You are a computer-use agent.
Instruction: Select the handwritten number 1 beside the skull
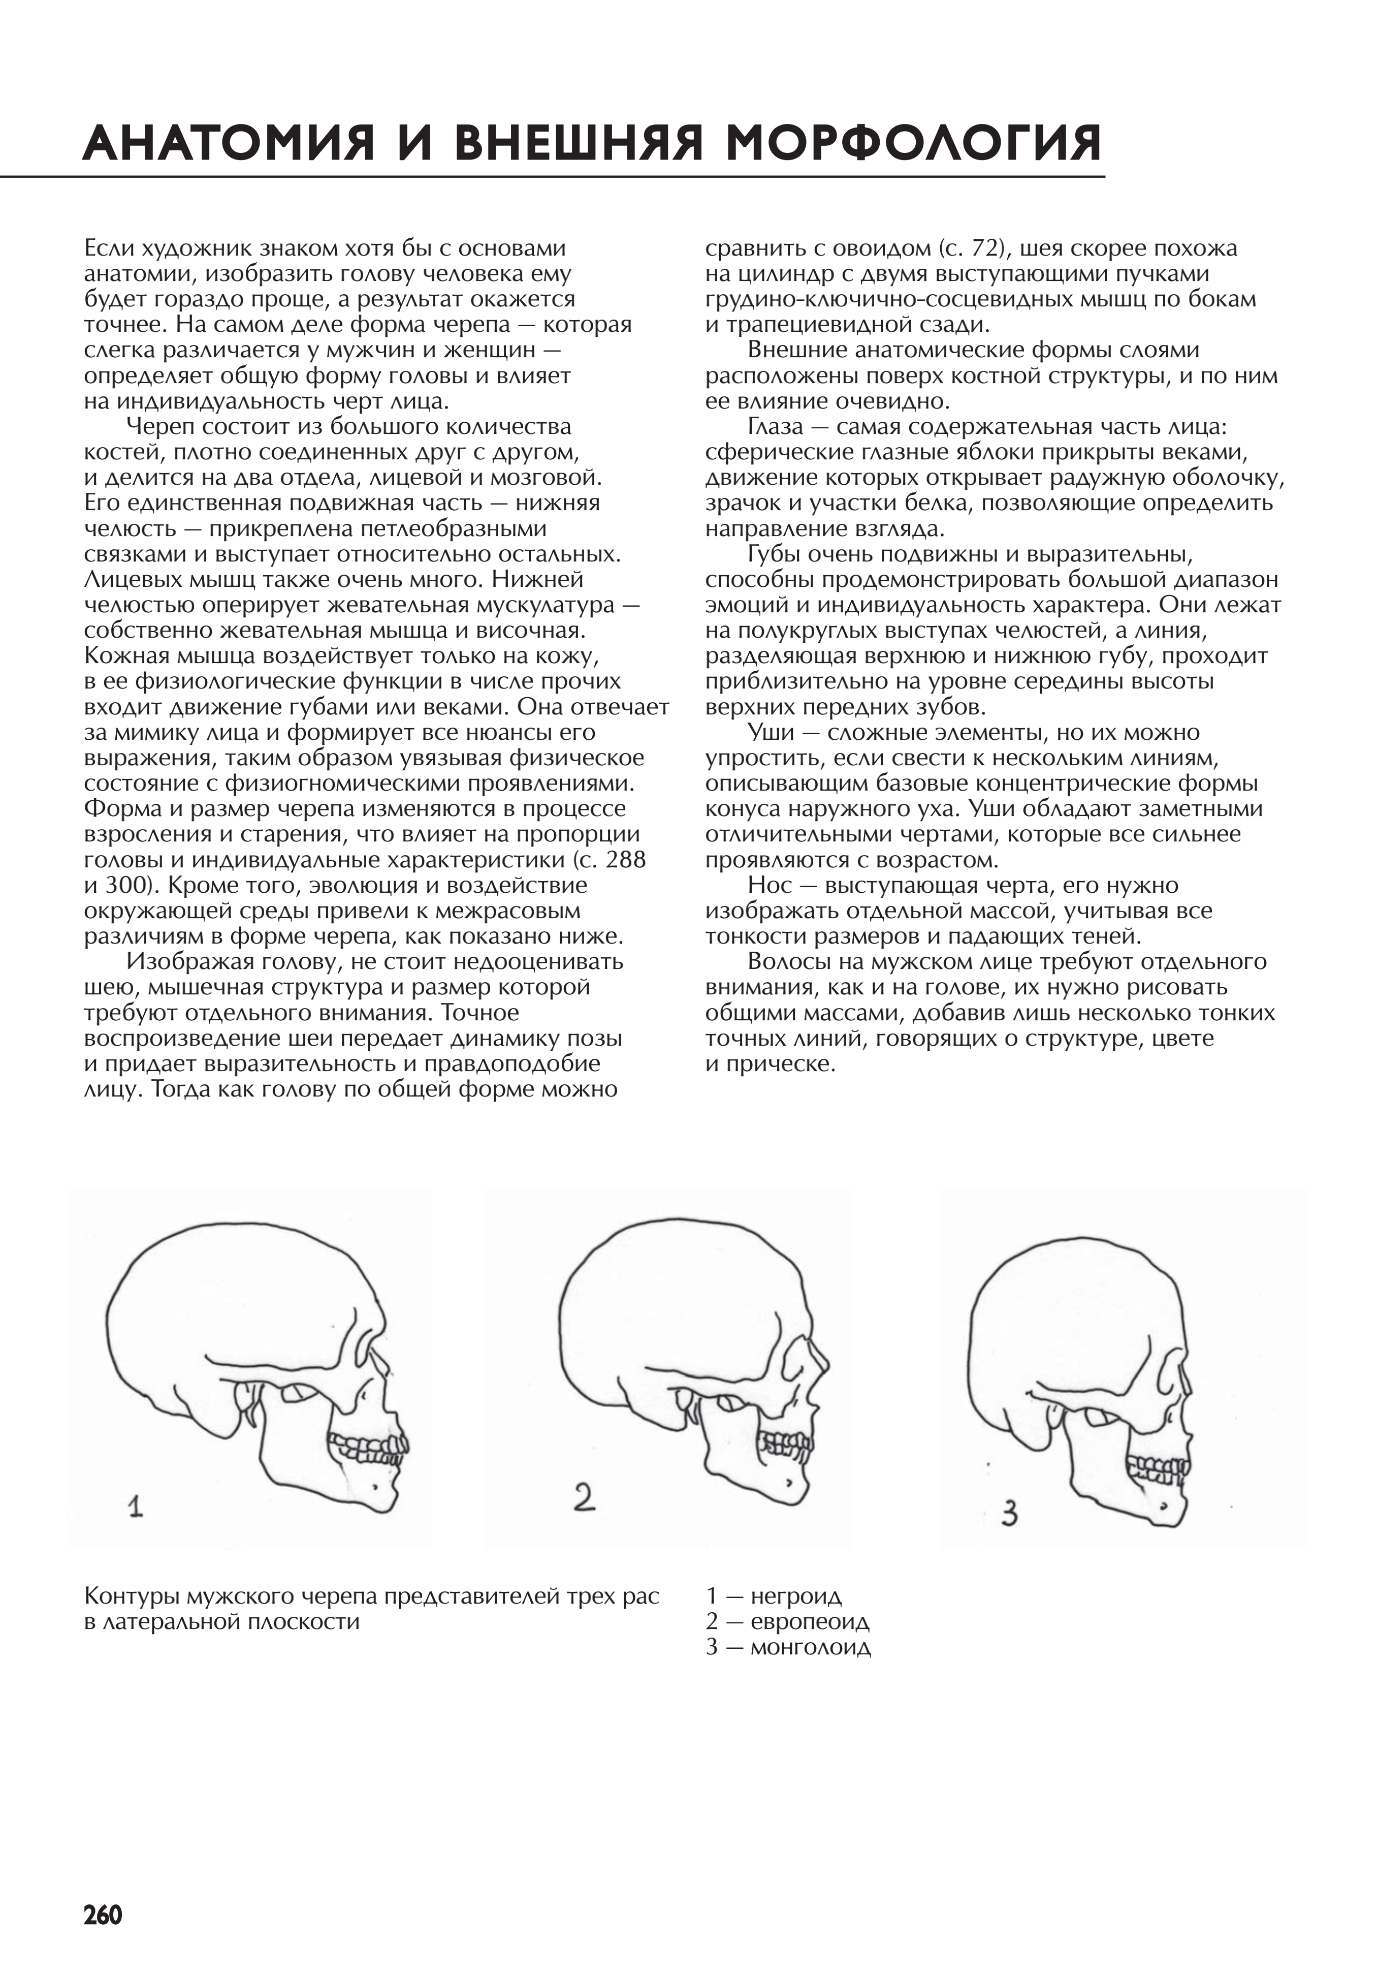[x=135, y=1507]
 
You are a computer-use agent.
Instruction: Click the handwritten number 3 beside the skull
[x=1009, y=1512]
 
